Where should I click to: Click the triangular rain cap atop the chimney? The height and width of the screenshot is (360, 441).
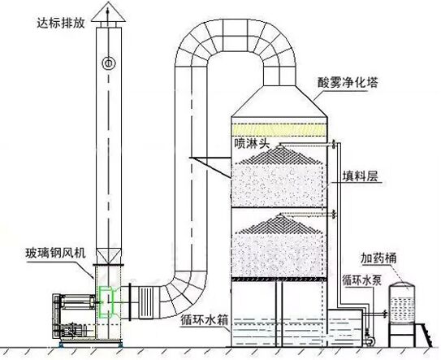point(108,11)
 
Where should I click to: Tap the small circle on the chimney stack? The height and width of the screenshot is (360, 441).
point(109,63)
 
